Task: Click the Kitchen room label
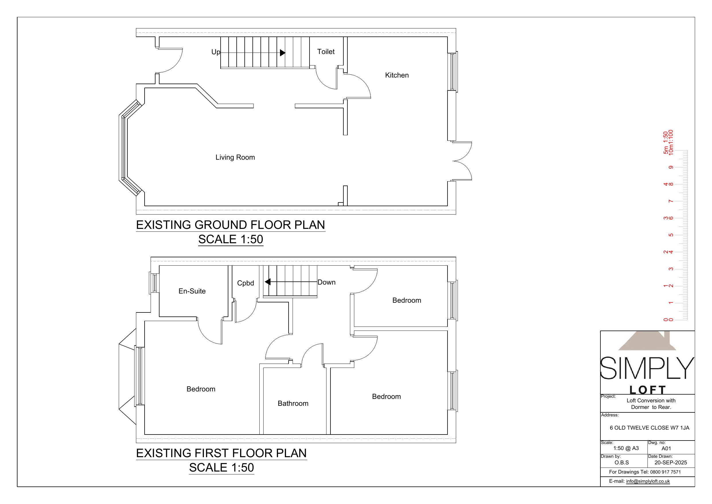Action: (397, 75)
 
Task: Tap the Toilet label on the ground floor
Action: (326, 52)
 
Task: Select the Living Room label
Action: (235, 157)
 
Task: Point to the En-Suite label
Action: (192, 291)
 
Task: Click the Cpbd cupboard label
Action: (245, 283)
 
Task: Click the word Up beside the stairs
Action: (215, 52)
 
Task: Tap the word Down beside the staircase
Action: (326, 282)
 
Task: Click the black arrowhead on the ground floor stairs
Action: (283, 53)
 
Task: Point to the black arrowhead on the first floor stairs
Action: (268, 282)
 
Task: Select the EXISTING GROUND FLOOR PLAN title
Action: (230, 225)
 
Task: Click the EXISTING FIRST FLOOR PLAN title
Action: (221, 453)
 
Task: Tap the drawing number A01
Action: (666, 448)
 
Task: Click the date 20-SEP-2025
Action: (670, 462)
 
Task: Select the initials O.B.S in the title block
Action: (621, 462)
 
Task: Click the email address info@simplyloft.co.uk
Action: (648, 481)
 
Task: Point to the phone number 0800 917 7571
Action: (666, 472)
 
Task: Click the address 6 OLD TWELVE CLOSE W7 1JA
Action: (649, 428)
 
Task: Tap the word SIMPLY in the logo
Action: (647, 368)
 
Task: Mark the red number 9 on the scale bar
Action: (671, 167)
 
